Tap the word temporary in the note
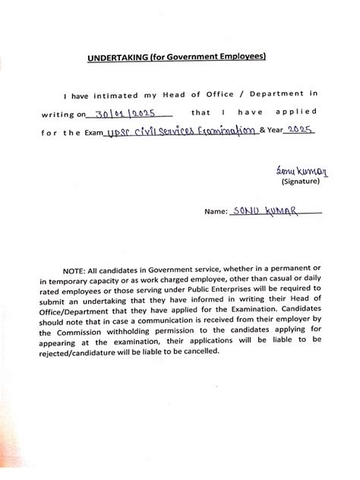coord(88,283)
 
